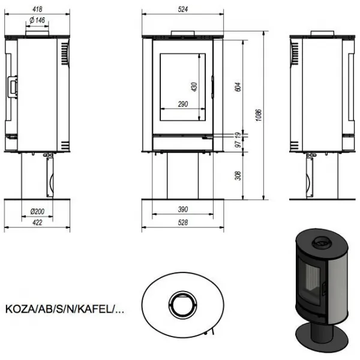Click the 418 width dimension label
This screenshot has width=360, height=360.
tap(37, 9)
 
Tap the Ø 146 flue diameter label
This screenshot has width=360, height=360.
tap(37, 20)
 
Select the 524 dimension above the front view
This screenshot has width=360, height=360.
tap(183, 9)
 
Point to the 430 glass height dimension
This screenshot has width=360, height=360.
tap(194, 87)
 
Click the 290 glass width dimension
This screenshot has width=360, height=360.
tap(183, 104)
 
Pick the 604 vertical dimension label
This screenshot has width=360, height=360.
tap(238, 87)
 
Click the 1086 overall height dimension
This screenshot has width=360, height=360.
tap(259, 115)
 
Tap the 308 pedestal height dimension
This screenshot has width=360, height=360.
tap(238, 176)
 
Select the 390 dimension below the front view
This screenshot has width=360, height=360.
tap(183, 209)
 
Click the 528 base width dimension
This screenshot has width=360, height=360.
tap(183, 222)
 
